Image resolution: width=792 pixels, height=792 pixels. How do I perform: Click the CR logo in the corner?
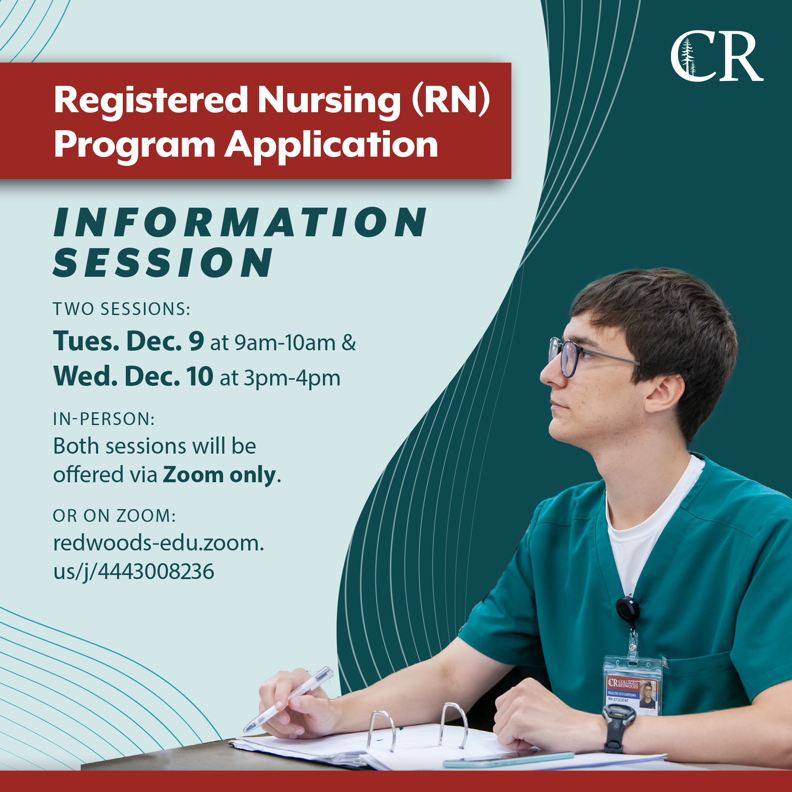point(717,56)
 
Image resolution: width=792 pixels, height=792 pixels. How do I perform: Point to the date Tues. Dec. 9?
point(128,341)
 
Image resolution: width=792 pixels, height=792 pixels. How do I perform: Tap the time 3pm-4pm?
point(292,378)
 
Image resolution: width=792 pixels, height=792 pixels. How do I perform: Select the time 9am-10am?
point(285,343)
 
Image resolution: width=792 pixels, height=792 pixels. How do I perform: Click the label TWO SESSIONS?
point(121,309)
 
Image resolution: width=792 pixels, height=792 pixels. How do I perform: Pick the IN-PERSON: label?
point(104,419)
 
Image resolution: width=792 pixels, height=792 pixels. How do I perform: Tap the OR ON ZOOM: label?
point(114,516)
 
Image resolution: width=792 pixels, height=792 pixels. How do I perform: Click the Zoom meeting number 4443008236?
point(156,572)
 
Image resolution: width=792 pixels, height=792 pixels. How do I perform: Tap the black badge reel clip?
point(627,609)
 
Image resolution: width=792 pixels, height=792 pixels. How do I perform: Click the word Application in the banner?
point(332,145)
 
